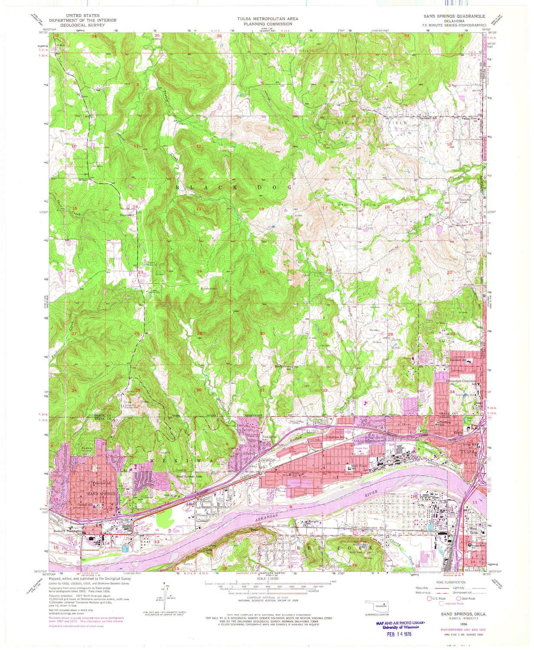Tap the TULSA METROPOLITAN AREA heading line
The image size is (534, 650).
(267, 19)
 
